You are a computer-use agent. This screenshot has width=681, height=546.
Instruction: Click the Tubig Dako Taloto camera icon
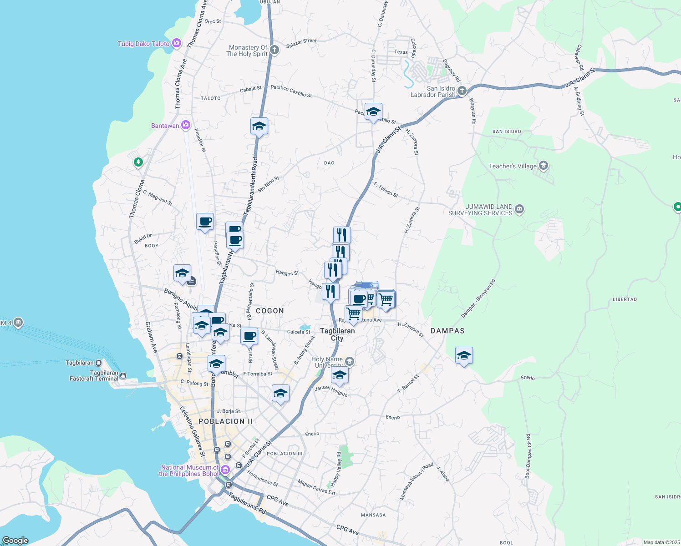tap(177, 44)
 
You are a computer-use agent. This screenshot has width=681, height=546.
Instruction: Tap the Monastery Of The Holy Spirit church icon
tap(274, 50)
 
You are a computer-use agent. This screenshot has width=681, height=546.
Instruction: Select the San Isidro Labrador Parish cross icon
tap(462, 91)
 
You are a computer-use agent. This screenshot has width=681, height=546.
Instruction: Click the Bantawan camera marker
tap(185, 125)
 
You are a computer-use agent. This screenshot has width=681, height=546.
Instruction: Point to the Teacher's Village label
tap(513, 166)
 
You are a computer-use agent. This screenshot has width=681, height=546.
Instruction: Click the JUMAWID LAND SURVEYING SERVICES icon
tap(520, 209)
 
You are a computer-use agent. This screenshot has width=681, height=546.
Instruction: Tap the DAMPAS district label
tap(447, 331)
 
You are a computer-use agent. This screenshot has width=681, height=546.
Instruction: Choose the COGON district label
tap(270, 311)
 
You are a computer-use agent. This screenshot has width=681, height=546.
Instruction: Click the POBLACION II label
tap(225, 421)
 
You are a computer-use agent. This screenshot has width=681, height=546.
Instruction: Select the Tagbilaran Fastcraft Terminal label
tap(94, 375)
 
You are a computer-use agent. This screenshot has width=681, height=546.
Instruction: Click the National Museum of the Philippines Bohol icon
tap(225, 469)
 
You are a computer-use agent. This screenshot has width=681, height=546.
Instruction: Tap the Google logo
tap(15, 541)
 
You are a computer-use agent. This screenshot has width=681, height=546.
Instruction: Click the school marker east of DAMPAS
tap(464, 355)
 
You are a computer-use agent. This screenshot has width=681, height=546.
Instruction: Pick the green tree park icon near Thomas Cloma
tap(138, 162)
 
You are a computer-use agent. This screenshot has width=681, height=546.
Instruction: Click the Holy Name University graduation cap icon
tap(350, 362)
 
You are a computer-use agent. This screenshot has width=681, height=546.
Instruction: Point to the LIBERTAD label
tap(625, 299)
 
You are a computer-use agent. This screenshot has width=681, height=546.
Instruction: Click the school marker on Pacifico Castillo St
tap(373, 112)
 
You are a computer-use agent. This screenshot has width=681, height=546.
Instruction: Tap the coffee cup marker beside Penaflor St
tap(205, 222)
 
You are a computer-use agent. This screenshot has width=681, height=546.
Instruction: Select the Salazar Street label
tap(301, 43)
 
